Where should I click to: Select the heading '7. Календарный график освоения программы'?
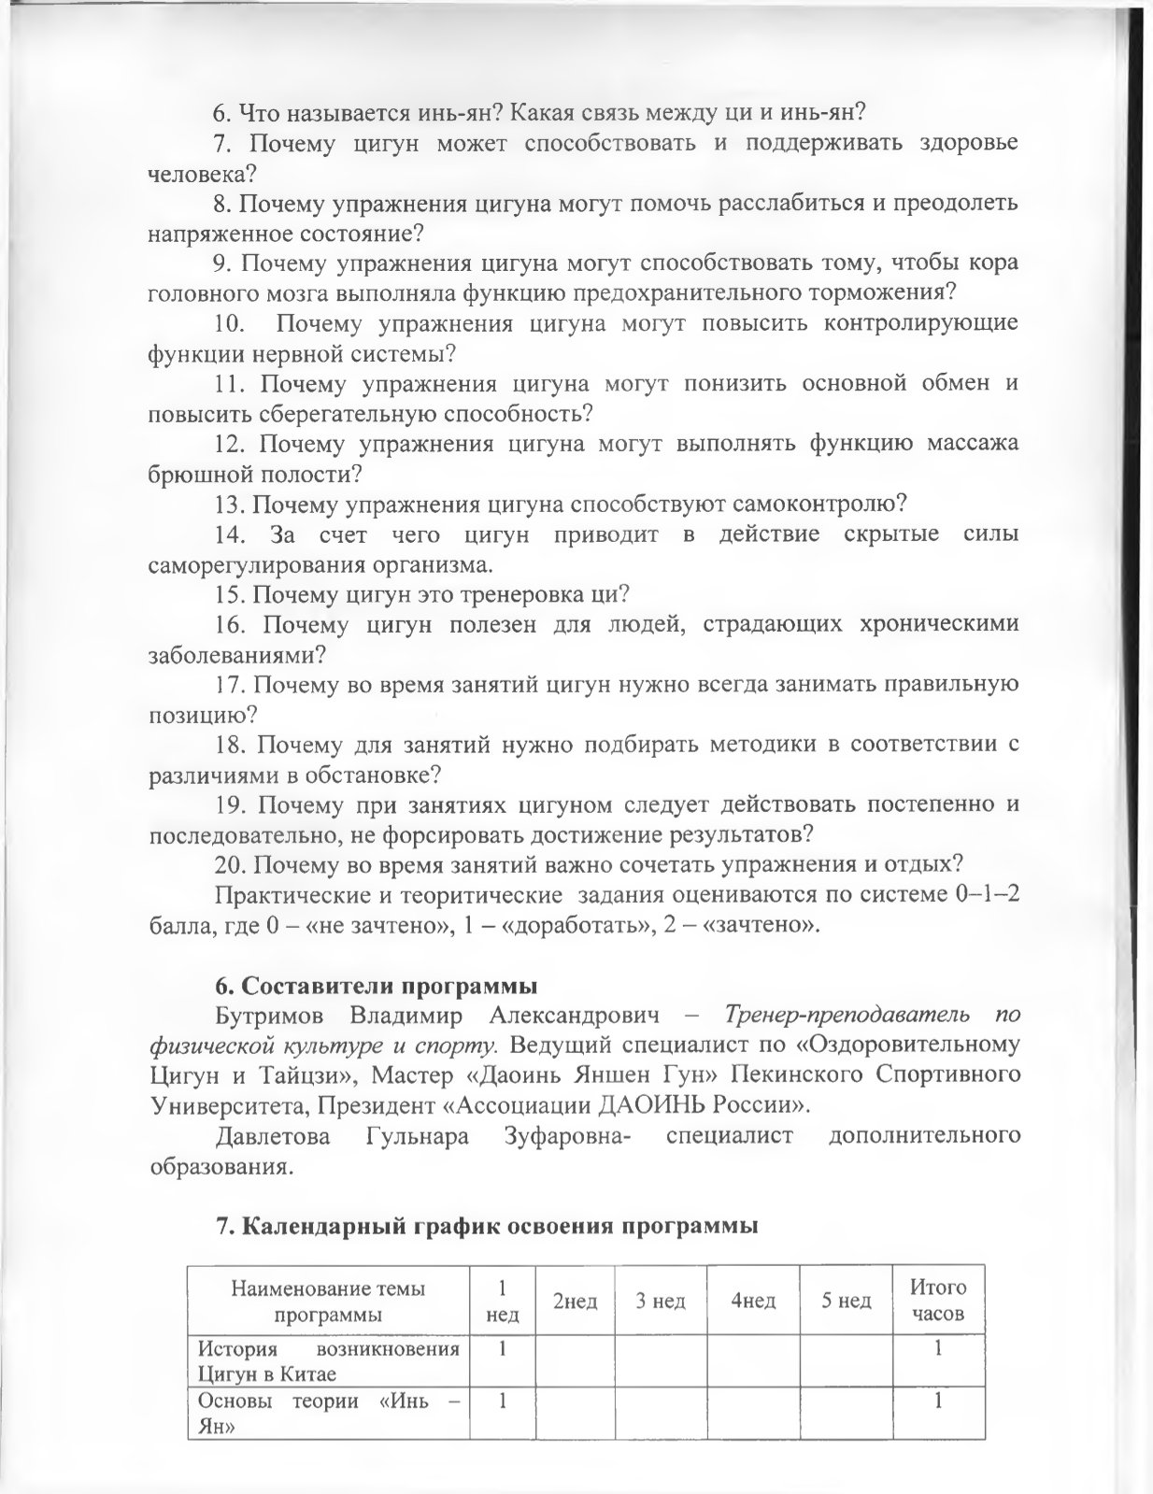coord(486,1226)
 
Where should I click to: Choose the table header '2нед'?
coord(575,1301)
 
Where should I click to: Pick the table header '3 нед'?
coord(661,1301)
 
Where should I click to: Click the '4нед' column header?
coord(753,1301)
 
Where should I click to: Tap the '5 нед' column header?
coord(847,1301)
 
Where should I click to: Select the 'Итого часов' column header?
coord(937,1301)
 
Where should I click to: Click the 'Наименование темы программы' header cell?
coord(328,1301)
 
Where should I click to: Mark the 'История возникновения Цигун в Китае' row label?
coord(328,1360)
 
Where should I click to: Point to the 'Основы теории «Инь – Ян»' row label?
coord(328,1414)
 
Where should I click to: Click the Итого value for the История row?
coord(937,1348)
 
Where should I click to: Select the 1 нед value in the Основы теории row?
coord(503,1401)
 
